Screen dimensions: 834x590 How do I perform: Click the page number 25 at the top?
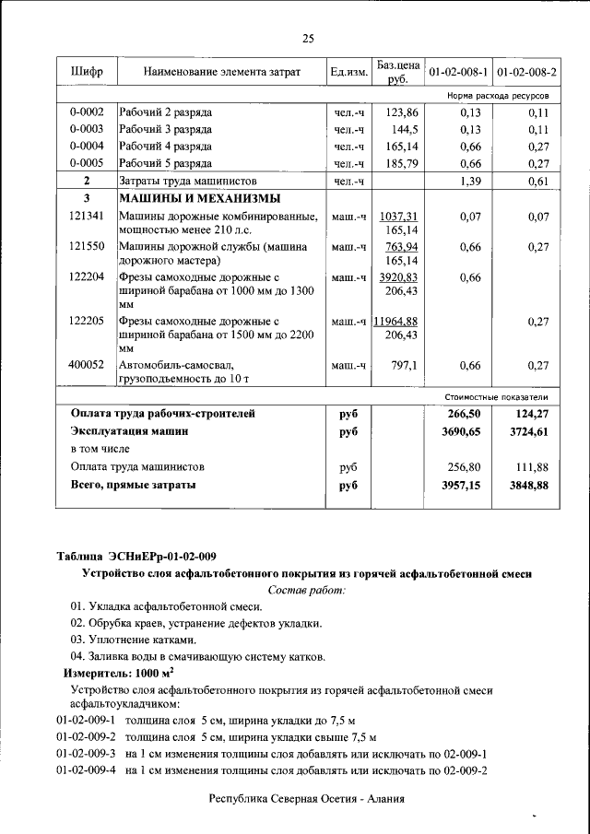(308, 38)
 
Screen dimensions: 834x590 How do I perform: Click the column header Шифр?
(87, 71)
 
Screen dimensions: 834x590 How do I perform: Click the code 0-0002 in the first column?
(87, 112)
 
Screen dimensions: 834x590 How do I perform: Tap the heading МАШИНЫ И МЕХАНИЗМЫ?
(199, 199)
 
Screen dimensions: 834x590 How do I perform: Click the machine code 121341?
(87, 216)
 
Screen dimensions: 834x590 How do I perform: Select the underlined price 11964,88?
(396, 321)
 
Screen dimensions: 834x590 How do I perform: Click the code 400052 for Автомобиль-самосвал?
(87, 365)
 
